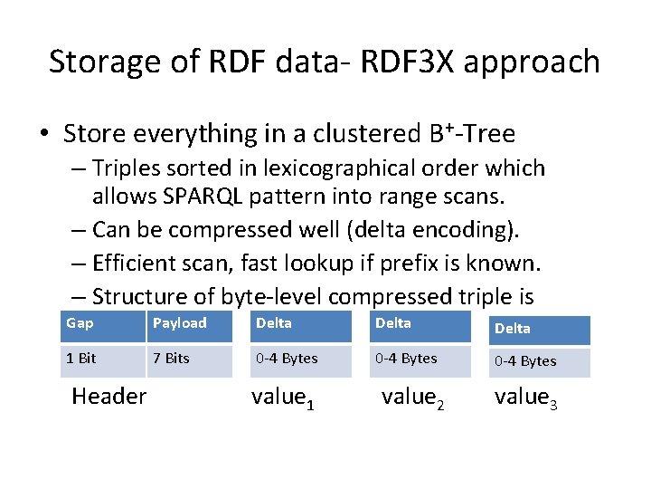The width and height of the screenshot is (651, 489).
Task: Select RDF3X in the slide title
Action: pos(393,62)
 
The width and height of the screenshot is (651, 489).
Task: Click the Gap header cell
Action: pos(80,324)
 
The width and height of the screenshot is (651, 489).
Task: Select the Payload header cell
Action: pos(180,324)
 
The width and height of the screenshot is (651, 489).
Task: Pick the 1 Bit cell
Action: pos(81,359)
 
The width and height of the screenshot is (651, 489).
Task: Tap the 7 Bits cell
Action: pos(171,359)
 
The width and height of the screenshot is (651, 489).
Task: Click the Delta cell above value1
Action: pos(274,324)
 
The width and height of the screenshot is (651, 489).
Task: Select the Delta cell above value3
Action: pos(513,329)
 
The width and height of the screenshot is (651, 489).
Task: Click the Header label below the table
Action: pos(108,396)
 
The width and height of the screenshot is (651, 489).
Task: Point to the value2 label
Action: pos(413,397)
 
